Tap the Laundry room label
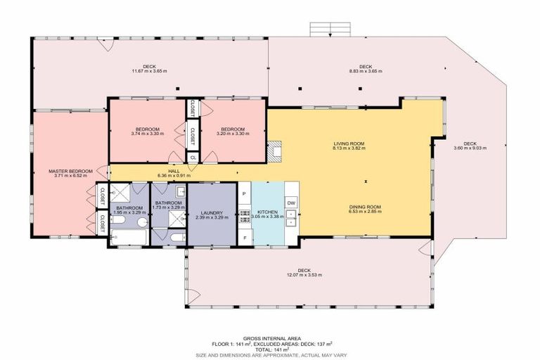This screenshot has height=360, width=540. tap(212, 213)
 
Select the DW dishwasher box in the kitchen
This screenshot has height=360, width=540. tap(292, 202)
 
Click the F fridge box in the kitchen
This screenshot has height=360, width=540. tap(244, 238)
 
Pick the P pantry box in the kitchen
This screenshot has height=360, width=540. tap(244, 193)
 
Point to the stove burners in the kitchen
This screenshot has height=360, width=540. tap(244, 214)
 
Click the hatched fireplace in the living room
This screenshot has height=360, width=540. tap(278, 149)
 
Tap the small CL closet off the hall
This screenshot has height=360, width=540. tap(193, 157)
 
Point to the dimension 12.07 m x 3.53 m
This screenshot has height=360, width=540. tap(304, 274)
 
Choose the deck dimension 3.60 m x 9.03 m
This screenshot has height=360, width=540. tap(470, 148)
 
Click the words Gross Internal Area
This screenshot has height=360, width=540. tap(269, 337)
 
